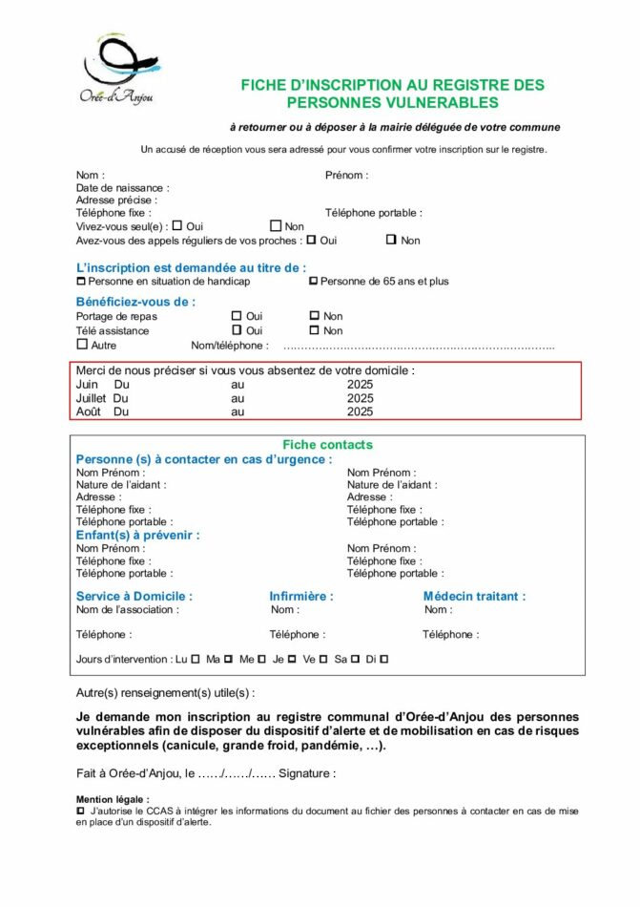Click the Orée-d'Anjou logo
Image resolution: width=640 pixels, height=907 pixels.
[x=116, y=69]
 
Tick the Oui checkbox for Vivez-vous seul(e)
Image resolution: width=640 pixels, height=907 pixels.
[x=177, y=226]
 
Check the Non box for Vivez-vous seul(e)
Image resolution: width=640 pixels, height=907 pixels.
[x=276, y=226]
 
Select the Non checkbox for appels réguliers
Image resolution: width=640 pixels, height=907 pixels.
[x=391, y=240]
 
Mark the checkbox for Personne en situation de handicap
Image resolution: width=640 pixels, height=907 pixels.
[x=81, y=282]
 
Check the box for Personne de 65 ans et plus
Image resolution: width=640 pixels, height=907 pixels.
[x=313, y=282]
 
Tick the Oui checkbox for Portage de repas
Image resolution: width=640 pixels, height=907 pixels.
[x=237, y=316]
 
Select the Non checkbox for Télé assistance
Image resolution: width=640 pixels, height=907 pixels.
[x=314, y=330]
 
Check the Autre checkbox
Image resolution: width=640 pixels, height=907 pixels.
[x=82, y=345]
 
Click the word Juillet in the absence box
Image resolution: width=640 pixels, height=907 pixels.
[x=91, y=398]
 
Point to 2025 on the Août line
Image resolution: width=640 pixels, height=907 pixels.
[x=361, y=412]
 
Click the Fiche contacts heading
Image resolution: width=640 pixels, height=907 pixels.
[x=327, y=445]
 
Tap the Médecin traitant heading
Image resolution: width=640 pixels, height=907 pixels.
[x=474, y=597]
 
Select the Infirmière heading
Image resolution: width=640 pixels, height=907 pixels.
[x=301, y=597]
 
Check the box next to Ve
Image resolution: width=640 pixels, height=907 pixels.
[x=323, y=659]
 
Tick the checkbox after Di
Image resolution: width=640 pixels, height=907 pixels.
[x=384, y=659]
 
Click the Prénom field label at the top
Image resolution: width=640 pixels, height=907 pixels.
[x=346, y=176]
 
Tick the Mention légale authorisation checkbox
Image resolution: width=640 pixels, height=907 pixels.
[x=80, y=811]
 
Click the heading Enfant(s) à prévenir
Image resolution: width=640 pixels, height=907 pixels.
[x=138, y=536]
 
